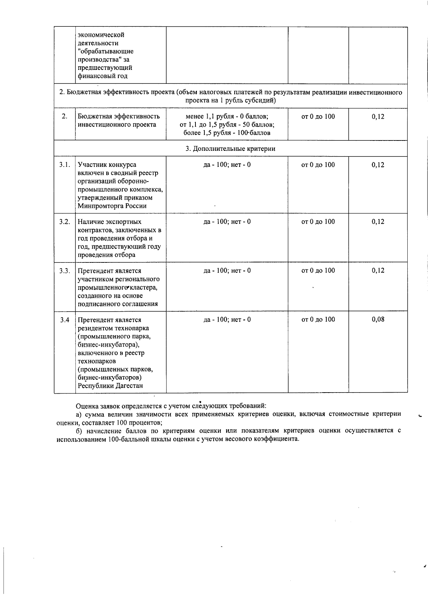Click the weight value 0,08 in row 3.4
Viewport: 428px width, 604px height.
click(378, 319)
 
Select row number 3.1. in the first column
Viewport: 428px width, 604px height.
click(65, 165)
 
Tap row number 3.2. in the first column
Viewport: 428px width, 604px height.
click(65, 222)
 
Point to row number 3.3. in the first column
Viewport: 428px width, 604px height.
click(65, 271)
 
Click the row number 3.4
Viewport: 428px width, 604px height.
click(65, 320)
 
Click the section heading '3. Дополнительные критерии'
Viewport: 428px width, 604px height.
click(230, 149)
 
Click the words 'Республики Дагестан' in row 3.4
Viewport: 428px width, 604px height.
click(110, 386)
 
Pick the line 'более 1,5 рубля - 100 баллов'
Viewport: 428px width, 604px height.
click(227, 133)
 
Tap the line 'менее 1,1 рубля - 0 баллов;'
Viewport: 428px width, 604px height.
click(227, 117)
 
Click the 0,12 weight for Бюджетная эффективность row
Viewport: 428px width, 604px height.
click(378, 117)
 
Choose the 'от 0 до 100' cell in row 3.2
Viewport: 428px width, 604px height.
click(318, 222)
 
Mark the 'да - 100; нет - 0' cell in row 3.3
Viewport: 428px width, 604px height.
click(227, 271)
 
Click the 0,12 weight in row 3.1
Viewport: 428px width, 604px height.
click(378, 165)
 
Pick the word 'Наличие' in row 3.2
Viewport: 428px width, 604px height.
click(90, 222)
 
